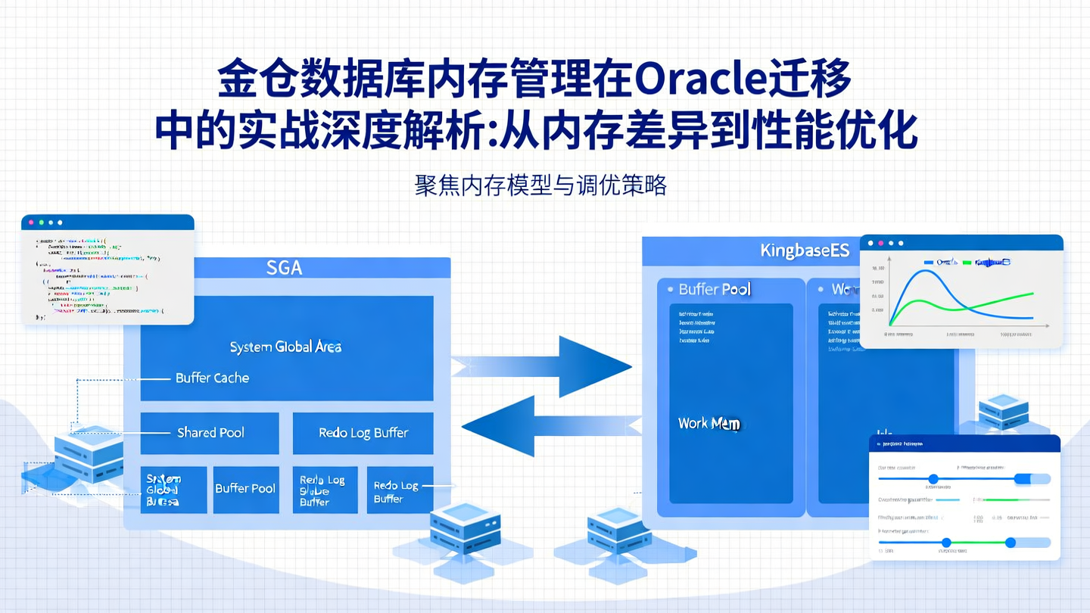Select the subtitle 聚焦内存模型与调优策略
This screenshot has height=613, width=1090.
tap(540, 185)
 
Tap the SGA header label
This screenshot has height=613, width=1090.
tap(284, 268)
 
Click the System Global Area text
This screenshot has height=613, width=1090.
tap(285, 347)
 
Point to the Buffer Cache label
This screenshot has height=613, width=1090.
tap(212, 378)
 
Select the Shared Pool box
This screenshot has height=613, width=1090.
tap(210, 433)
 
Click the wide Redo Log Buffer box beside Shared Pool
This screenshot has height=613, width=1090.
tap(363, 433)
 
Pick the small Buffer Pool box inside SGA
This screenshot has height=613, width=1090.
tap(245, 489)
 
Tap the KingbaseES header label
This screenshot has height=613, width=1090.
tap(805, 251)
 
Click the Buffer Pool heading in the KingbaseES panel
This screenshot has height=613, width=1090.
tap(715, 290)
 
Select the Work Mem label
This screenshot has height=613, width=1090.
tap(708, 424)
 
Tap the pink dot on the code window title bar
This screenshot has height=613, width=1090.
tap(31, 222)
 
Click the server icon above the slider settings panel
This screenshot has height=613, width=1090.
tap(1004, 412)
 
